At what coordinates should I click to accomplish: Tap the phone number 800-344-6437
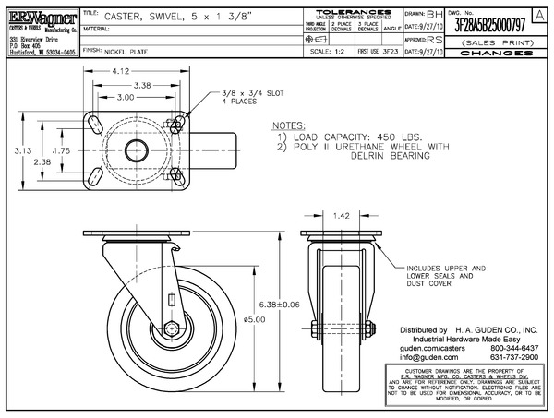[517, 347]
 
